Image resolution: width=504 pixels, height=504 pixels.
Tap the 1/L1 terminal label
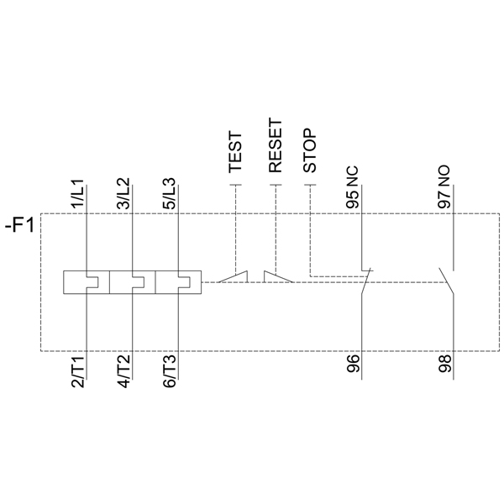(77, 193)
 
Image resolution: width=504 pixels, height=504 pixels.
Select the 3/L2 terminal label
(123, 193)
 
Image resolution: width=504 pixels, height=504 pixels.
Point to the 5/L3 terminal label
(170, 193)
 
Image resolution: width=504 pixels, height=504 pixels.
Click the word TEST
(235, 152)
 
